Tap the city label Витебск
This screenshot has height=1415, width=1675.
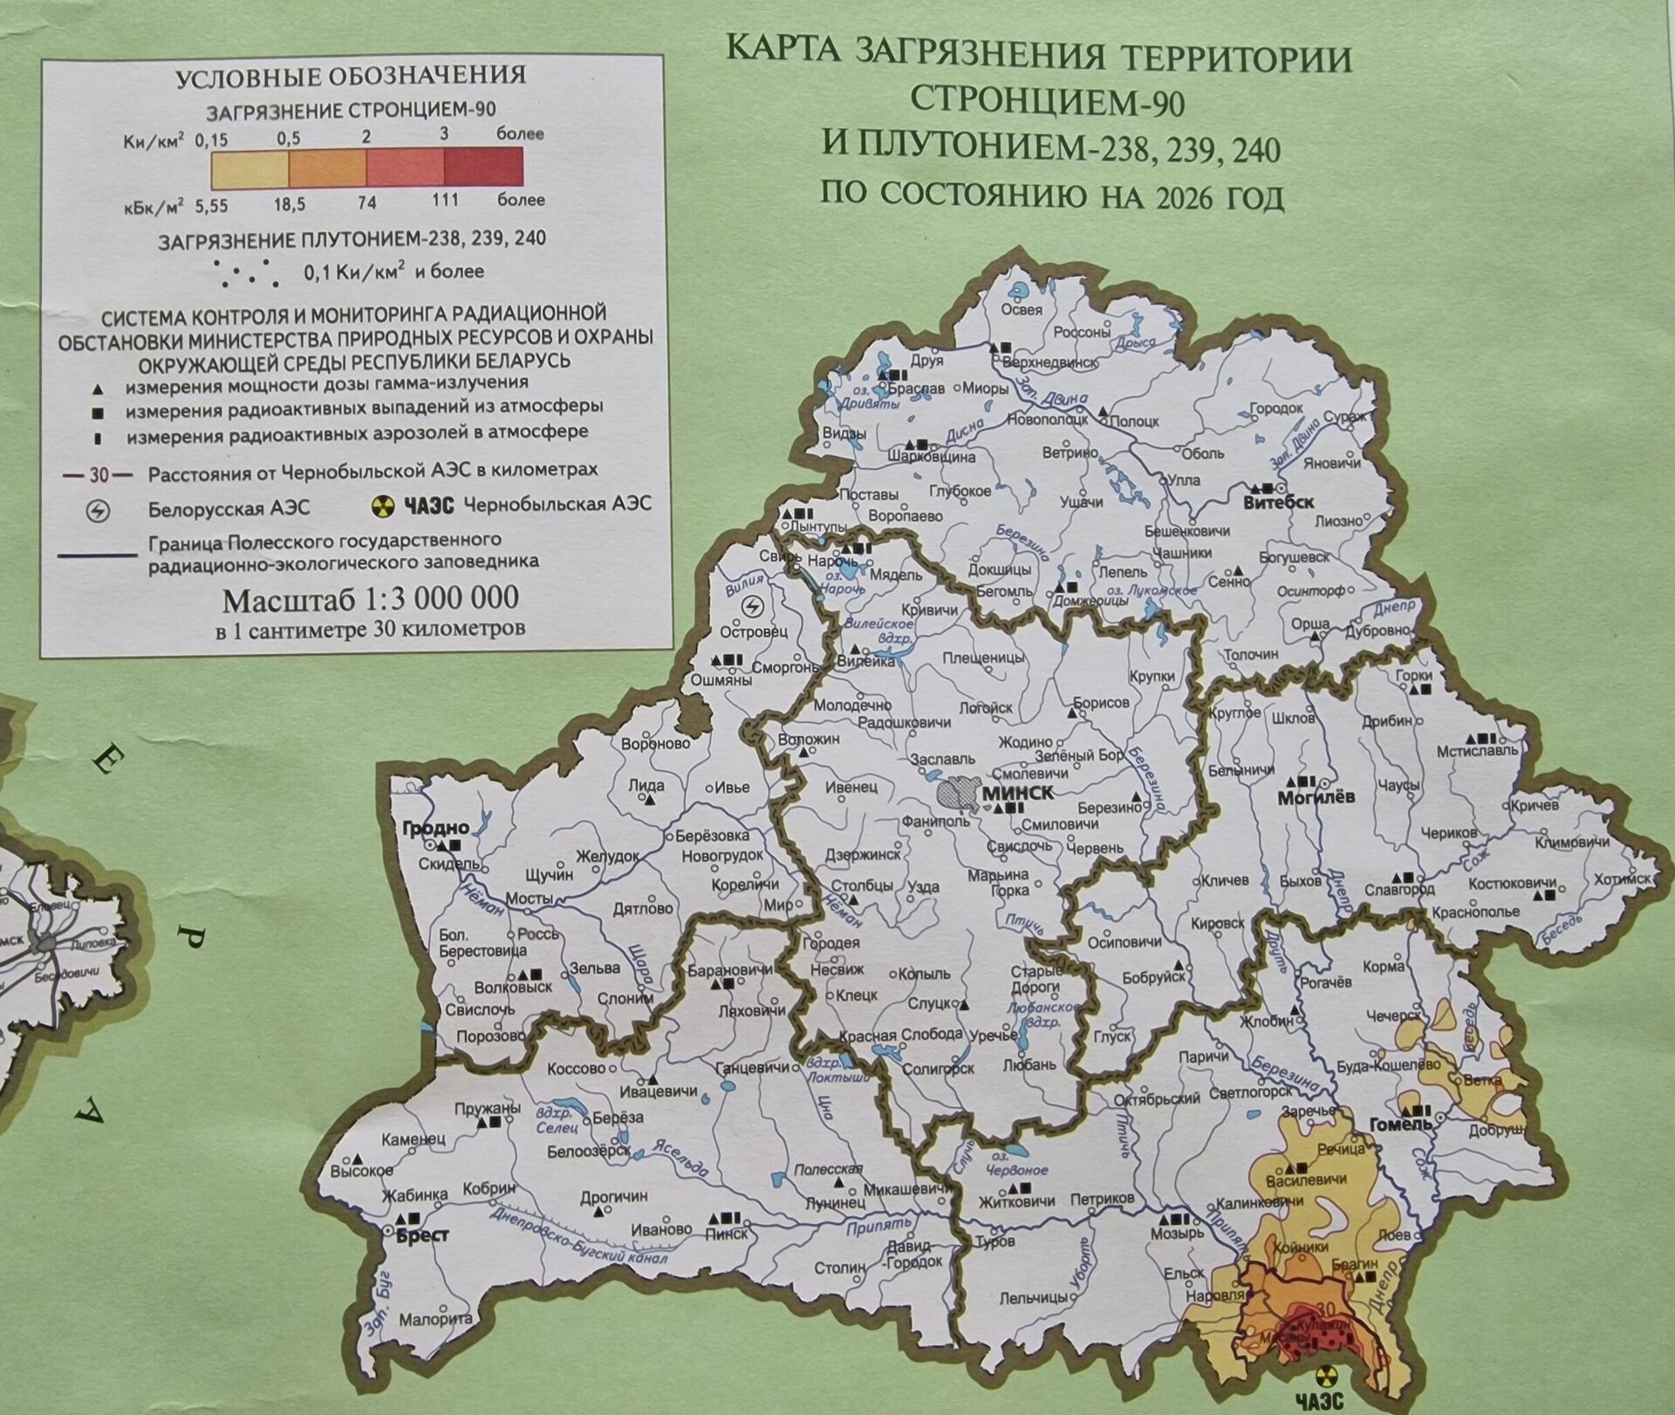1278,502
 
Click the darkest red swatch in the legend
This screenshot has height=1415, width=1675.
483,167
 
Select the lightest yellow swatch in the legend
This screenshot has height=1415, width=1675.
250,167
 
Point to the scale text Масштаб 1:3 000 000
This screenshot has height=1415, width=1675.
371,598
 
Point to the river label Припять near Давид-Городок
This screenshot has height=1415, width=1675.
869,1227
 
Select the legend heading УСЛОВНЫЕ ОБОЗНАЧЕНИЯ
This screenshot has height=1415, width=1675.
351,76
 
